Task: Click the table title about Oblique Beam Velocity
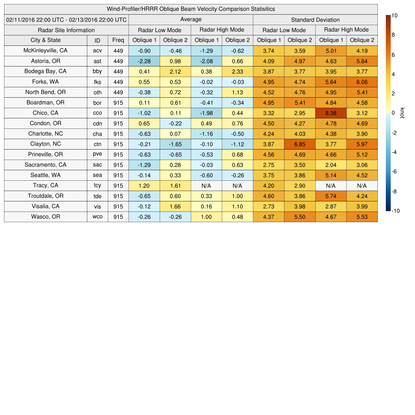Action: click(190, 9)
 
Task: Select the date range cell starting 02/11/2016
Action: click(66, 19)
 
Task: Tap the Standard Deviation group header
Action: click(315, 19)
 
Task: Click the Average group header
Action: click(190, 19)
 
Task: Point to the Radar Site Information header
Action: click(66, 30)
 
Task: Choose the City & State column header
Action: click(45, 40)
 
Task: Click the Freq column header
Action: click(118, 40)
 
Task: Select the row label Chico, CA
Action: click(45, 113)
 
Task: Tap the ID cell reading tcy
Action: click(97, 186)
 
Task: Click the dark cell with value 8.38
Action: click(331, 113)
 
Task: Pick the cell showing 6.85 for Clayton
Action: click(300, 144)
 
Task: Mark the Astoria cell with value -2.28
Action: click(144, 61)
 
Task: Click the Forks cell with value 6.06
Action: click(362, 82)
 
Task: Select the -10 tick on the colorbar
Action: click(396, 211)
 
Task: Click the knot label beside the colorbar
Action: click(402, 113)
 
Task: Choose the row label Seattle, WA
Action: click(45, 175)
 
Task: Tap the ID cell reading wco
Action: click(97, 217)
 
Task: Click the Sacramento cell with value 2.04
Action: click(331, 165)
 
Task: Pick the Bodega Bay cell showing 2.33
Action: click(237, 71)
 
